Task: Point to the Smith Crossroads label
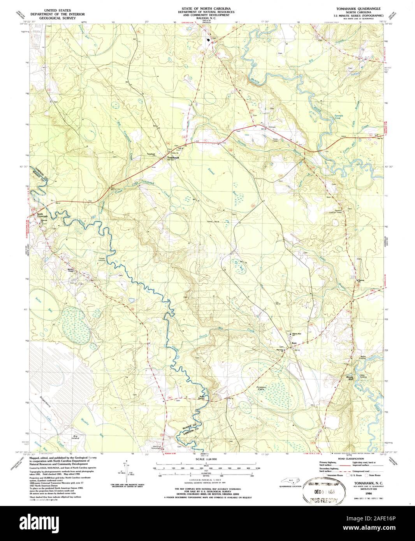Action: tap(42, 215)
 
